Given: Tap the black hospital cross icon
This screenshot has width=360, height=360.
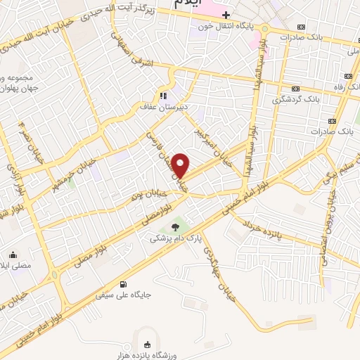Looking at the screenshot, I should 226,15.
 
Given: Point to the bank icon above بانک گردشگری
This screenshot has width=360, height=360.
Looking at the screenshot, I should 295,88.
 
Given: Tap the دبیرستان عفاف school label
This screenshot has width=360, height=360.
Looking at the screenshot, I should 161,108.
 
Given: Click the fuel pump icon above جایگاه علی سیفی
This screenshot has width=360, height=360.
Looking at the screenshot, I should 124,284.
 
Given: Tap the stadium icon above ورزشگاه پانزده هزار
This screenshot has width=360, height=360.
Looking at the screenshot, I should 146,345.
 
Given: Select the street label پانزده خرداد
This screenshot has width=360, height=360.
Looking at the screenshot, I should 267,232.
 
